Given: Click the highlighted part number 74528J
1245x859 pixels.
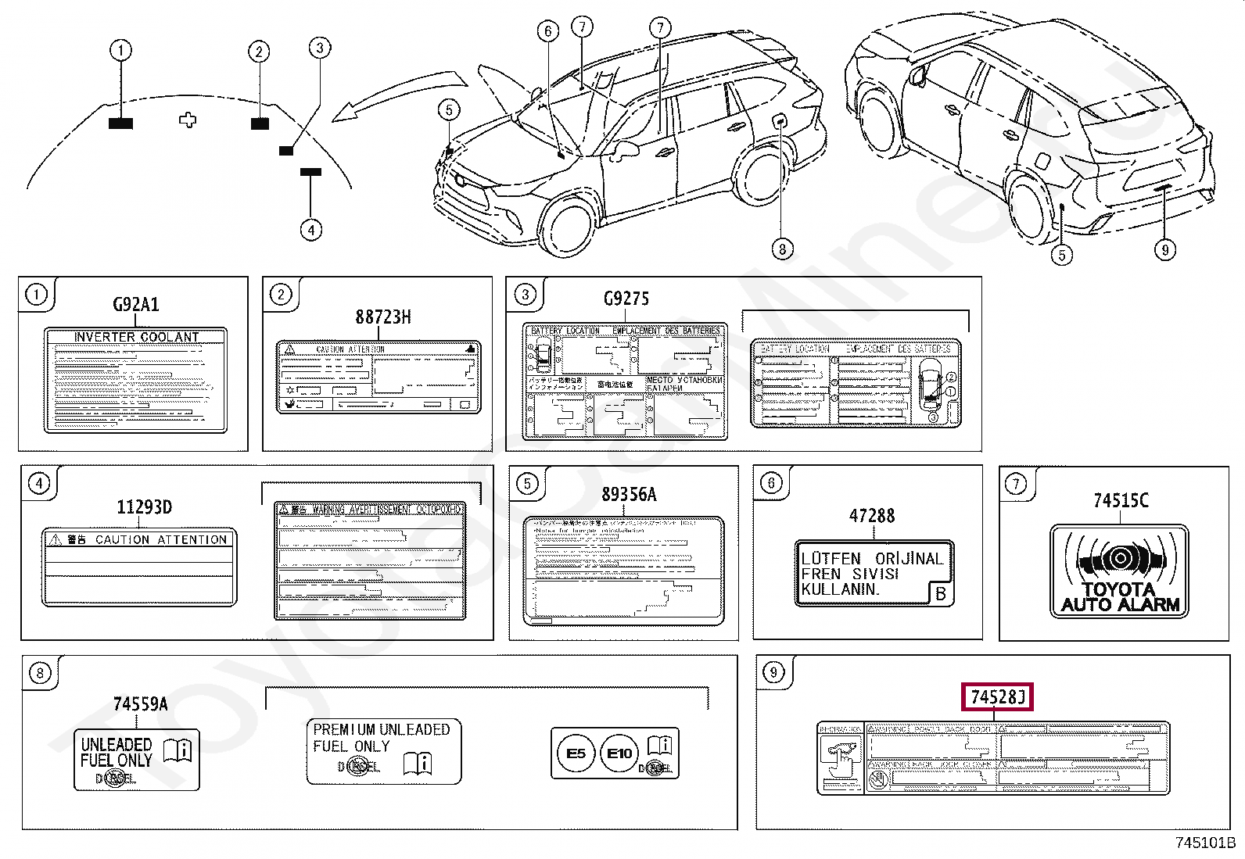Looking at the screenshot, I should click(x=997, y=696).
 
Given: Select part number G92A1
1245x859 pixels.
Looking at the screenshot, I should click(x=136, y=304).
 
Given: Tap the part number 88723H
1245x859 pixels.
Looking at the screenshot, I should click(x=383, y=317).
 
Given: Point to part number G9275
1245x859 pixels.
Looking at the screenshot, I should click(x=626, y=299).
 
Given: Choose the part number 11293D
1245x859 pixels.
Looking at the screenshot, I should click(x=144, y=507).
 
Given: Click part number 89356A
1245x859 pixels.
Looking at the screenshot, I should click(x=629, y=495).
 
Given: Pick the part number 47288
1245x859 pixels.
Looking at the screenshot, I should click(x=872, y=516).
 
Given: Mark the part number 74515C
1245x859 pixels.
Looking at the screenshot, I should click(x=1121, y=500).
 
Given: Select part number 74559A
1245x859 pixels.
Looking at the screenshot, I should click(x=140, y=704).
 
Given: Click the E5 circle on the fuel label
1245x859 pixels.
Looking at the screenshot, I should click(x=576, y=753).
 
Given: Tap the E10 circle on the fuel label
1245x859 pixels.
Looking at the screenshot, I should click(x=619, y=753).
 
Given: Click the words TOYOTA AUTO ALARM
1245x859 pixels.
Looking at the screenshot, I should click(x=1120, y=597).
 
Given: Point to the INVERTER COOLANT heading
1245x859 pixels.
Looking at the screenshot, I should click(x=136, y=337).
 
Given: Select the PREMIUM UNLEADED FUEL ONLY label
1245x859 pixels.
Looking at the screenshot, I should click(x=382, y=738).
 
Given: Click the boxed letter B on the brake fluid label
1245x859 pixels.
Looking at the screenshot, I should click(x=941, y=594).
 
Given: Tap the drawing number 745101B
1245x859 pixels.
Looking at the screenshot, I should click(x=1205, y=843).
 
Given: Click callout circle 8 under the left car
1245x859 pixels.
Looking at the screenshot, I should click(x=782, y=249).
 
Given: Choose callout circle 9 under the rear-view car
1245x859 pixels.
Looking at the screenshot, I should click(x=1165, y=249).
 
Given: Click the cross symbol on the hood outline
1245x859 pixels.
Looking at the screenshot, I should click(x=188, y=120).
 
